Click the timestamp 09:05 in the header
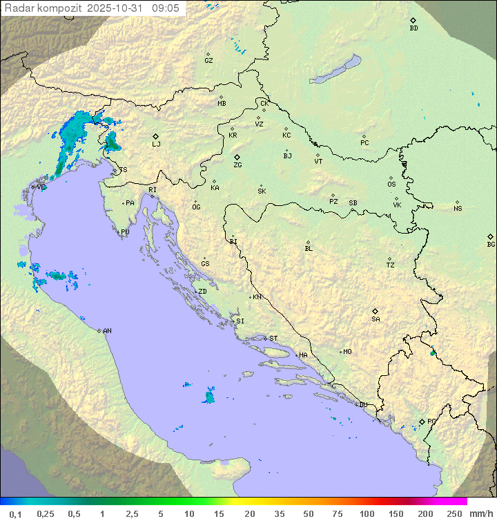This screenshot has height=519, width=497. [x=165, y=8]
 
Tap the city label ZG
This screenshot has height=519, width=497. [x=237, y=165]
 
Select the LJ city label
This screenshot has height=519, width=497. [x=157, y=144]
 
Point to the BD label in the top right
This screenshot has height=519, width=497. [x=413, y=28]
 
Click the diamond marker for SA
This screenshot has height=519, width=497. [x=376, y=311]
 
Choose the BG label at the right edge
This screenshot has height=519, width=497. [x=491, y=245]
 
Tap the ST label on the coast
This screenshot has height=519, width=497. [x=273, y=339]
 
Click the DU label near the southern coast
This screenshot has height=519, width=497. [x=363, y=405]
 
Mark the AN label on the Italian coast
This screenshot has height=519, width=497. [x=107, y=331]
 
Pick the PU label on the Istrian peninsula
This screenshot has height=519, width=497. [x=125, y=232]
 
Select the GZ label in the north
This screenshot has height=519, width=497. [x=208, y=61]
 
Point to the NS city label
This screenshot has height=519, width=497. [x=458, y=209]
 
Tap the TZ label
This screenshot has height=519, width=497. [x=391, y=265]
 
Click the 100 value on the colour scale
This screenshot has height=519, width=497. [x=367, y=513]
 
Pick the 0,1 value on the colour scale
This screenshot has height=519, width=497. [x=16, y=513]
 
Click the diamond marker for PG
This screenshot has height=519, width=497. [x=422, y=421]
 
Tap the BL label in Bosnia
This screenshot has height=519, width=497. [x=309, y=249]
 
